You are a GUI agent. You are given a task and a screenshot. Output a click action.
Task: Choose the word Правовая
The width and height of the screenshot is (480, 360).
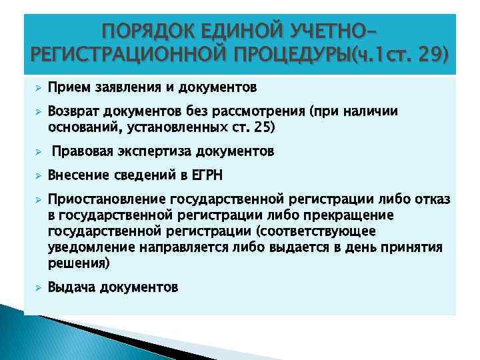79,151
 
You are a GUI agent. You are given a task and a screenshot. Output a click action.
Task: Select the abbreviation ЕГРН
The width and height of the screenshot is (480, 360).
207,176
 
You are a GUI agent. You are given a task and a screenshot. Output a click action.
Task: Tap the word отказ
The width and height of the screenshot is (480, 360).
433,200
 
